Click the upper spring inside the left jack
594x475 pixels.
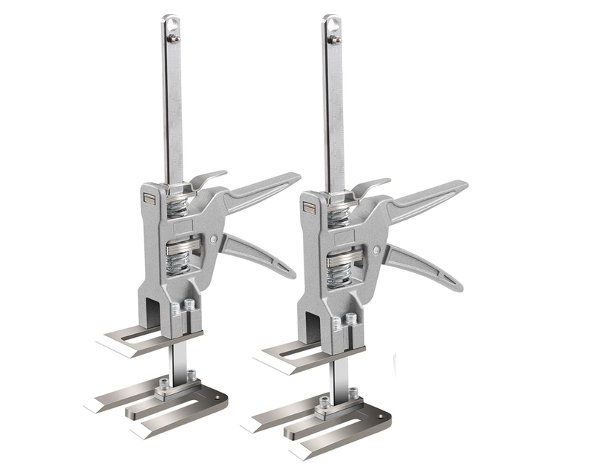point(177,206)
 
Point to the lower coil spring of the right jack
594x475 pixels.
point(340,269)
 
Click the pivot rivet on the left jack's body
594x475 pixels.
point(215,240)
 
